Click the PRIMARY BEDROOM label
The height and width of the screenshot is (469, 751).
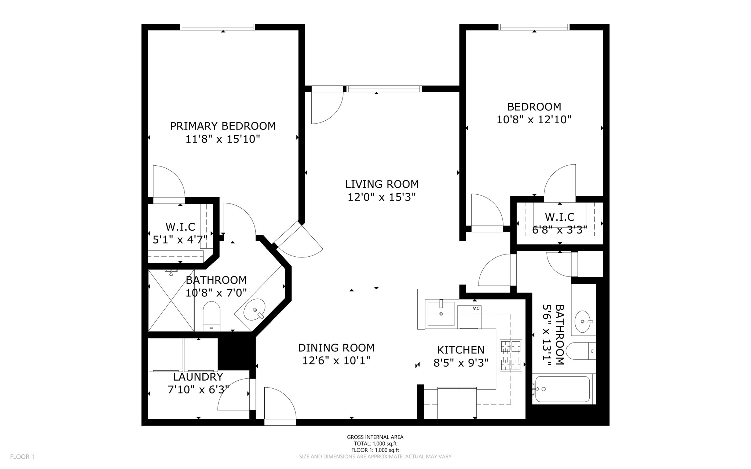click(x=223, y=126)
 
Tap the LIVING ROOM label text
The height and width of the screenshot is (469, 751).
click(x=382, y=184)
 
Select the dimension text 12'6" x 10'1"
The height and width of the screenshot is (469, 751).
click(x=336, y=361)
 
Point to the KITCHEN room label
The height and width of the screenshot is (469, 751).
click(x=461, y=350)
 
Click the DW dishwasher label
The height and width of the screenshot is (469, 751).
click(x=476, y=308)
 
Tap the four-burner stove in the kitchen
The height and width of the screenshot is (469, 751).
click(x=511, y=355)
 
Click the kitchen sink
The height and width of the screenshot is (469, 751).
click(x=441, y=313)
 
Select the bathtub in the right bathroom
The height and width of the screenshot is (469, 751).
click(x=563, y=389)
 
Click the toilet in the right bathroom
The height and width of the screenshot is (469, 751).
click(x=580, y=351)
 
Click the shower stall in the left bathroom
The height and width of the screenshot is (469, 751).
click(x=171, y=300)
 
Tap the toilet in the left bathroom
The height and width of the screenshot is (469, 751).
click(x=211, y=316)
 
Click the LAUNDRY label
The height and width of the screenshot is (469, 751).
click(x=198, y=377)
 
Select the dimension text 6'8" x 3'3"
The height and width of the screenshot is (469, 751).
click(x=560, y=230)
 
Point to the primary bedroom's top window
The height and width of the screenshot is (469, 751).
click(x=218, y=27)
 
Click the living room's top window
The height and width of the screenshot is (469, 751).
click(x=384, y=88)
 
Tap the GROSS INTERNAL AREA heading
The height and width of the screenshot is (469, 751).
click(x=375, y=437)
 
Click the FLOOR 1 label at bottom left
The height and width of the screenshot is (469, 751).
click(x=22, y=457)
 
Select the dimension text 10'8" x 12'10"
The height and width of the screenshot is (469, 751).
click(x=534, y=120)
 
